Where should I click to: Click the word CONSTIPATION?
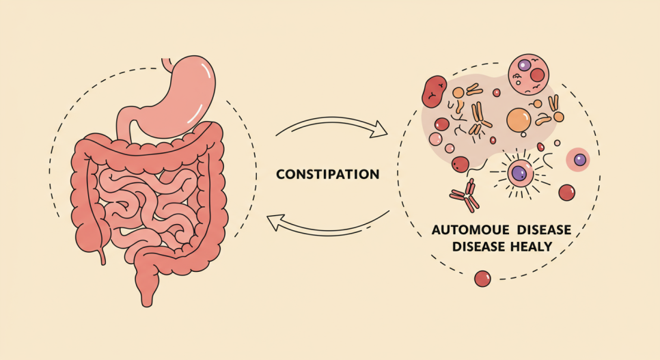327,174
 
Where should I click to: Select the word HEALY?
527,247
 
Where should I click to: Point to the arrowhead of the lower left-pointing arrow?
273,223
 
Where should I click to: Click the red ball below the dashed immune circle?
482,278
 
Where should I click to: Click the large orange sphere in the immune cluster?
519,120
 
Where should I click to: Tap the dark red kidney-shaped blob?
435,92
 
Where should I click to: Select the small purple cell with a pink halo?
579,160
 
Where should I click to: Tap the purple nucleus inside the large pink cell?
525,66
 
